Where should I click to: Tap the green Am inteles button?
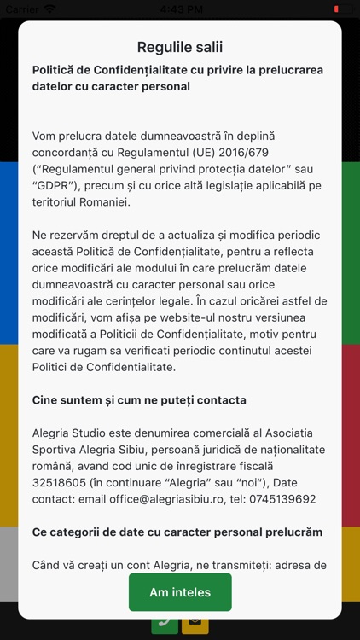180,592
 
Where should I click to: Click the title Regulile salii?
180,47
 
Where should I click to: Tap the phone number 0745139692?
277,499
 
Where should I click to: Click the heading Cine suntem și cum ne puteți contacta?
139,400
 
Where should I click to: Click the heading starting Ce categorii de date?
177,532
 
